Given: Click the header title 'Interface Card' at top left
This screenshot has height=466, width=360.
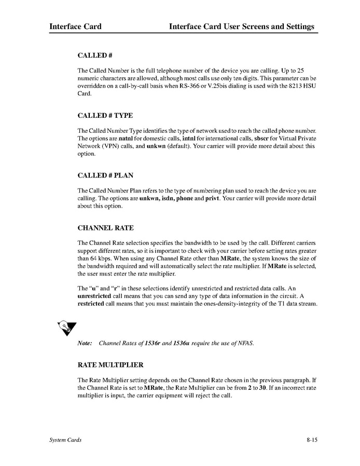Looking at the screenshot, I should point(75,26).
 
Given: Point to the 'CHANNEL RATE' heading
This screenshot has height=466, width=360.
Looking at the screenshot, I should point(105,228).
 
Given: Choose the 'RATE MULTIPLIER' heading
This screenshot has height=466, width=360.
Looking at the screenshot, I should point(110,365).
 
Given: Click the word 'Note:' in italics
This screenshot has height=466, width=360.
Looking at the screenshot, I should point(85,343).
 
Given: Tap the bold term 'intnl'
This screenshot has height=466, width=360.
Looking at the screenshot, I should point(189,139).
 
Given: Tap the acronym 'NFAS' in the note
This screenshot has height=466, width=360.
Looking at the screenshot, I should point(245,343).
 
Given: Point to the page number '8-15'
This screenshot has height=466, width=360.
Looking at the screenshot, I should point(312,440).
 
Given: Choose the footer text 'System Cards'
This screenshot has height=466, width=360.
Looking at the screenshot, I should point(65,440).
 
